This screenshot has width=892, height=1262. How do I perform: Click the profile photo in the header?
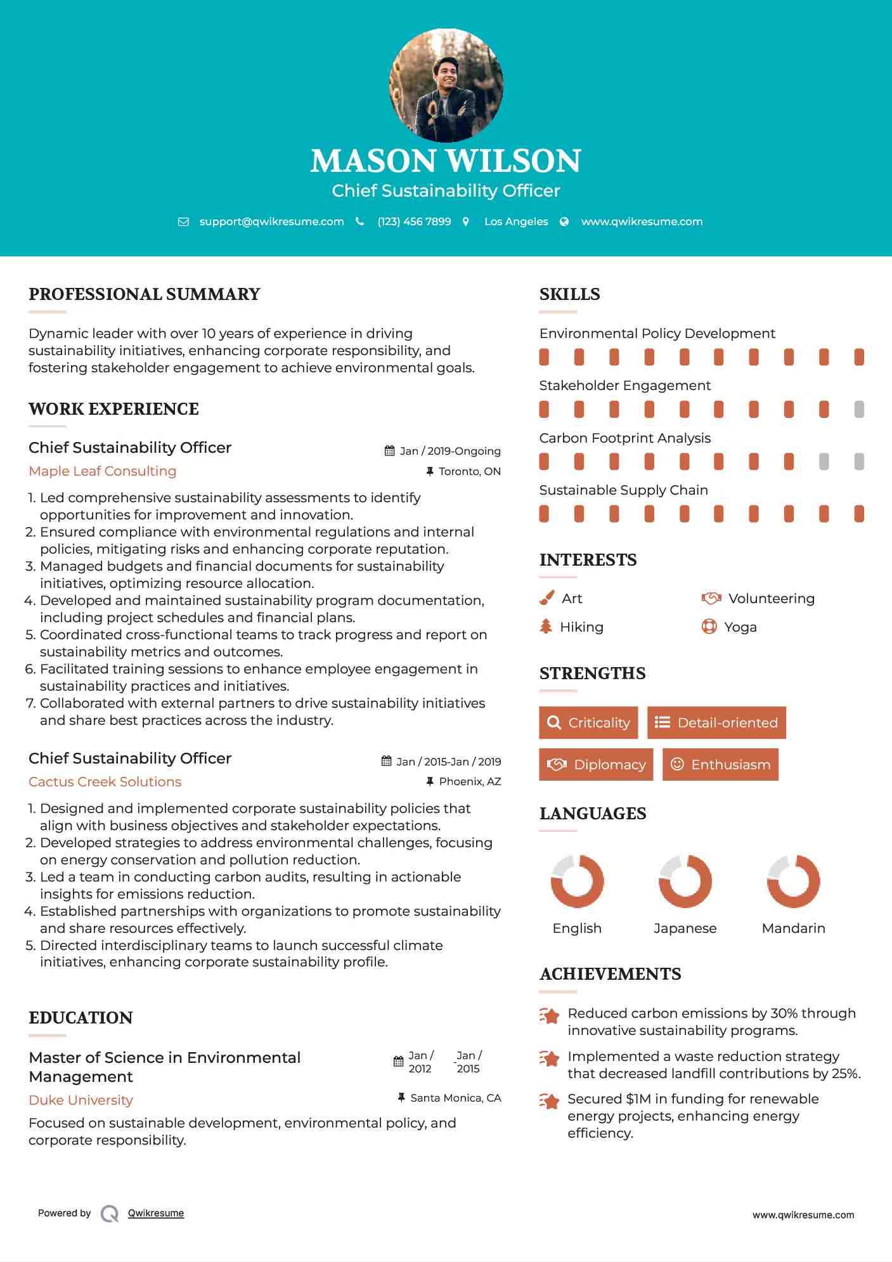click(x=446, y=85)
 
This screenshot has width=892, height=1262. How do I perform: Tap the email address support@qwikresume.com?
click(x=271, y=221)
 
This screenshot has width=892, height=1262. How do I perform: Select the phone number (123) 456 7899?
click(x=414, y=221)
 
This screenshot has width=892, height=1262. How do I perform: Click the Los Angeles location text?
click(x=516, y=221)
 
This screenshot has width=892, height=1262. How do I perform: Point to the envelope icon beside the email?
click(x=183, y=222)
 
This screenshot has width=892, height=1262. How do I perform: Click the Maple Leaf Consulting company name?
click(x=103, y=471)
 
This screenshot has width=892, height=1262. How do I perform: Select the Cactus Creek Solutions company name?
click(x=105, y=782)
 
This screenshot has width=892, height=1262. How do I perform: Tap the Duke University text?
click(x=81, y=1100)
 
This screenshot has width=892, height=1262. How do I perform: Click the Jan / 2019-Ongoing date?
click(x=450, y=451)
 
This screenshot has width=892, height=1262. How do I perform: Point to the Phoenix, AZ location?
click(x=470, y=781)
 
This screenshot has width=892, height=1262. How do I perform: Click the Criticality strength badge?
click(x=588, y=723)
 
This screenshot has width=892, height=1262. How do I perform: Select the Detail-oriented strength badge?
click(x=716, y=723)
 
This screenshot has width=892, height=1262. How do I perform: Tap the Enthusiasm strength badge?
click(x=720, y=765)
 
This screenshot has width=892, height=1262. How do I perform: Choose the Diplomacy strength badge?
click(x=596, y=765)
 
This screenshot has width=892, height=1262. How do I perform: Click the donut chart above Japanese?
click(x=685, y=881)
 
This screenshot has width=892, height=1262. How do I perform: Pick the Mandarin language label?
click(x=793, y=928)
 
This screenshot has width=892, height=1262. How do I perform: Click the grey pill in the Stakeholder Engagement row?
click(x=859, y=410)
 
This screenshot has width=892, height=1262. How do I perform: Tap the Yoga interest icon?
click(x=709, y=627)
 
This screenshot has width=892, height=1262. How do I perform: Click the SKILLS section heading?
click(x=569, y=294)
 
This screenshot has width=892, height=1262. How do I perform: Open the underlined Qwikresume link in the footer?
click(x=156, y=1213)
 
